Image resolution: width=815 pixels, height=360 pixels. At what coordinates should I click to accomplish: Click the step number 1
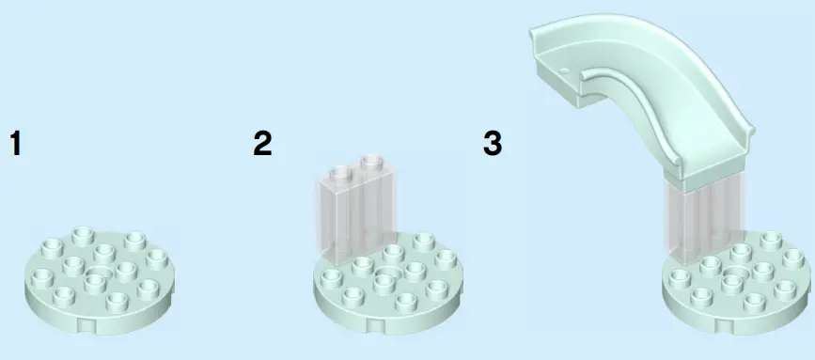point(15,145)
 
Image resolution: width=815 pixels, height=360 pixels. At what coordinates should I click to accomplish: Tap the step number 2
point(262,145)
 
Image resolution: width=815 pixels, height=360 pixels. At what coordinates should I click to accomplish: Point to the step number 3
point(493,145)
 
